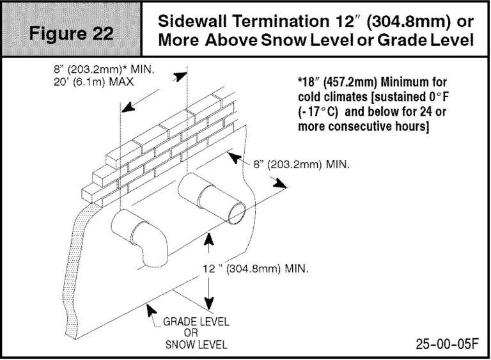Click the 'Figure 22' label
coord(71,33)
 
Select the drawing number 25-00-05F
coord(447,344)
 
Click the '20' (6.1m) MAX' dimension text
coord(93,82)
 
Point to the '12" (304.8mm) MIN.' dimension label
coord(256,269)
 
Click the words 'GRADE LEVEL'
coord(196,322)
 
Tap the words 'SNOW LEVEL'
coord(196,345)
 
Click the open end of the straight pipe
coord(237,213)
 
